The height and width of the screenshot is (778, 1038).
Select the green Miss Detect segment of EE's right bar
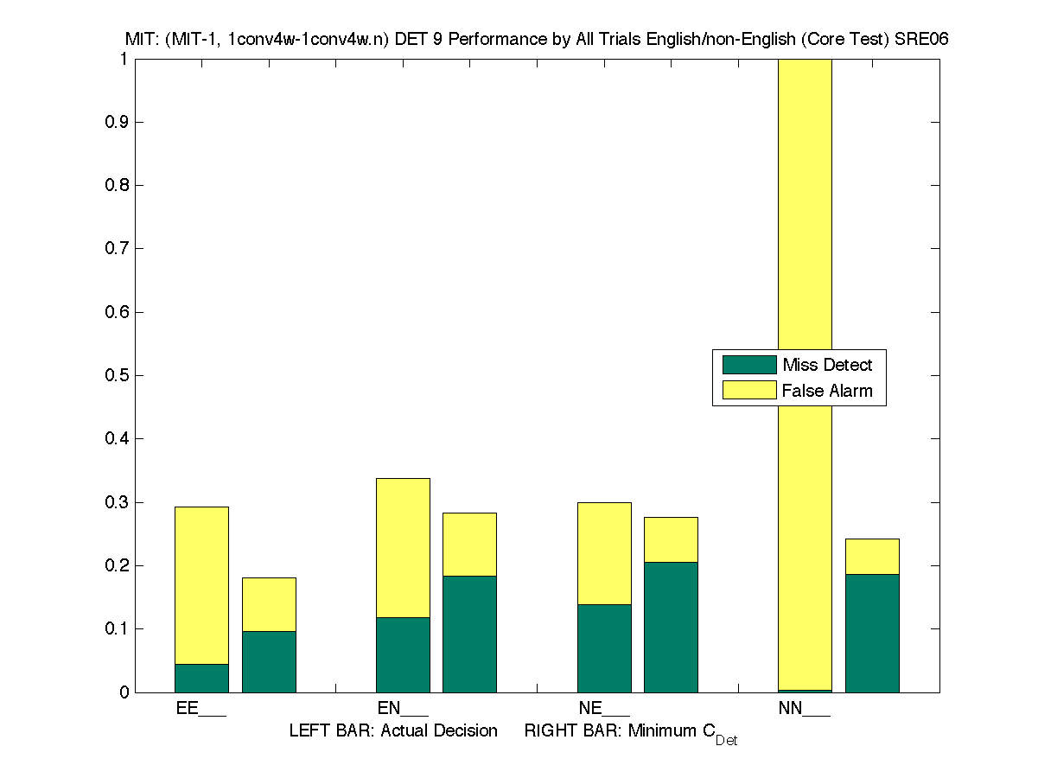tap(269, 661)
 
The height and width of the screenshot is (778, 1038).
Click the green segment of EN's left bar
tap(403, 654)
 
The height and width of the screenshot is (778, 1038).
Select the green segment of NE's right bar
tap(671, 627)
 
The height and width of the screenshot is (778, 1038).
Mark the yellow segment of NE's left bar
tap(604, 553)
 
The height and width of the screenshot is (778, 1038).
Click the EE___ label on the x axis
tap(201, 709)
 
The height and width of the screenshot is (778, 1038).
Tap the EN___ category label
tap(403, 709)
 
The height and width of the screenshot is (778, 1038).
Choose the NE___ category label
tap(604, 709)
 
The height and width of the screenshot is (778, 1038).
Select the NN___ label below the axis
tap(805, 709)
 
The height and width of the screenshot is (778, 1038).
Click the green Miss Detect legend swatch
tap(748, 365)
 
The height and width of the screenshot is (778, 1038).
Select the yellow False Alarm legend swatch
tap(748, 390)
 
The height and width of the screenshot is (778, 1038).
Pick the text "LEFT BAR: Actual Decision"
tap(393, 731)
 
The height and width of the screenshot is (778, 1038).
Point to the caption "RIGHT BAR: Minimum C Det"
tap(630, 733)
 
